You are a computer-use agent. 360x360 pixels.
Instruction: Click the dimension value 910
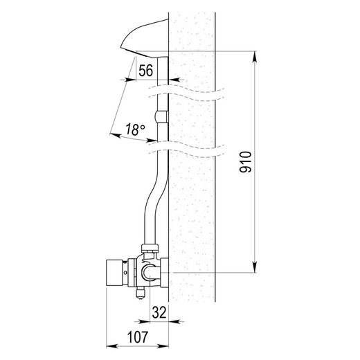(x=245, y=162)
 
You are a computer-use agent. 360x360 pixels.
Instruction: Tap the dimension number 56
(x=145, y=71)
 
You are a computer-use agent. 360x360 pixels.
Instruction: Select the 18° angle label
(x=136, y=129)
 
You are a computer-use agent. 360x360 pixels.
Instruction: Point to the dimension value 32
(x=159, y=313)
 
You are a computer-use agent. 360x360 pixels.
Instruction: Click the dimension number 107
(x=138, y=337)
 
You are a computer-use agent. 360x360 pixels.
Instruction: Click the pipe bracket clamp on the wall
(x=161, y=117)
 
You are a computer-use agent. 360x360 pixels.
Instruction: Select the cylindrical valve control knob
(x=114, y=273)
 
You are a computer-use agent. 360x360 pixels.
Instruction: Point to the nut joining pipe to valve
(x=150, y=249)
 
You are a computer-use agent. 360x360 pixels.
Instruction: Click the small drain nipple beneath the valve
(x=141, y=293)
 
